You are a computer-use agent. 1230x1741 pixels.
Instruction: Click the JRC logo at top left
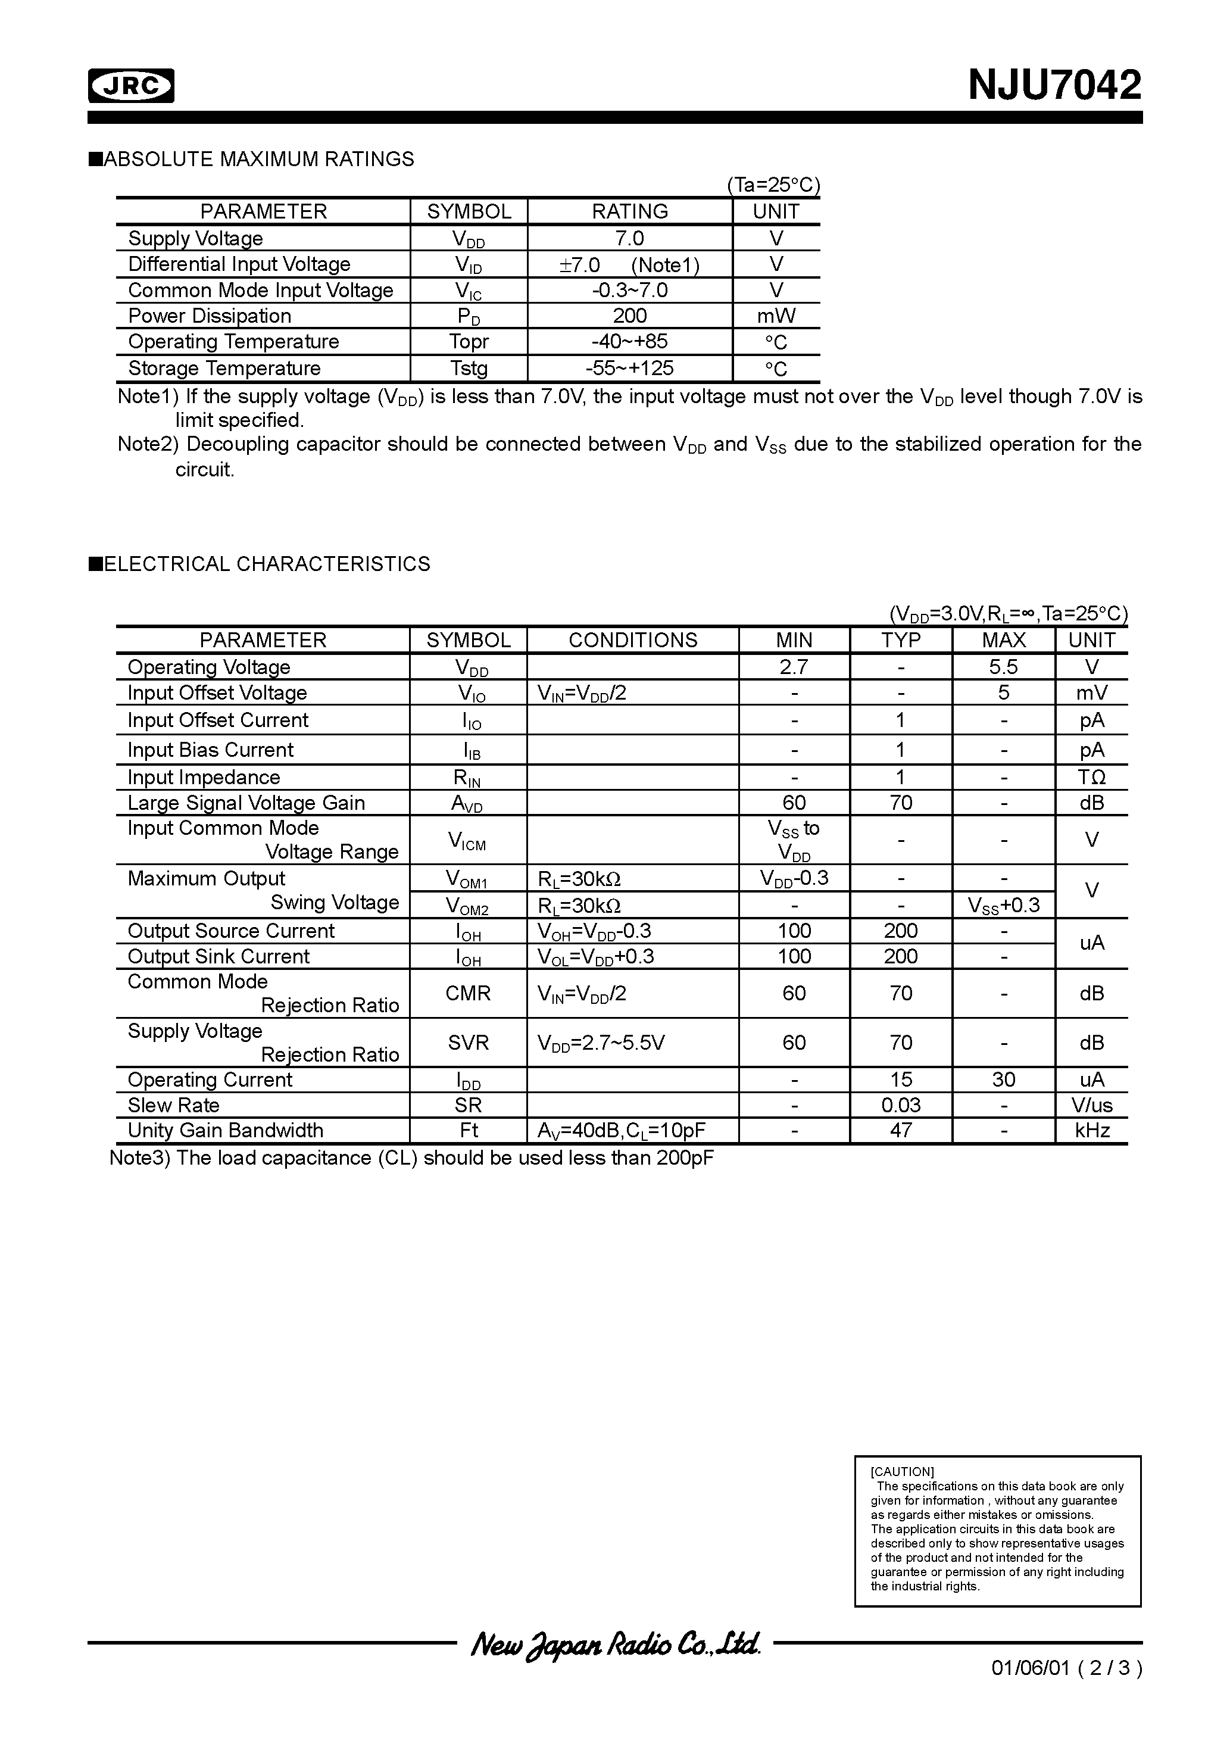[131, 86]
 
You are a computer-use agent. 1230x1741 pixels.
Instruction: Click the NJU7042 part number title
[1053, 85]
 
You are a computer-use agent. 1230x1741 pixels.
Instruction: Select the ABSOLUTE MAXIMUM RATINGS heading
[258, 159]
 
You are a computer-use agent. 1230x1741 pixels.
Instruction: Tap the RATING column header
[629, 211]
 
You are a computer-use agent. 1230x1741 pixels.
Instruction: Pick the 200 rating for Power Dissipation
[629, 316]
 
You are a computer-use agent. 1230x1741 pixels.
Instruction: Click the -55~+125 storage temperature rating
[629, 369]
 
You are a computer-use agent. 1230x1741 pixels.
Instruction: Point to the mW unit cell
[776, 316]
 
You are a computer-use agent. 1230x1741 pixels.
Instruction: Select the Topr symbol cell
[469, 342]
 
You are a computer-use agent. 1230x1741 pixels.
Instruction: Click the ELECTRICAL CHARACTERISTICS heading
[266, 564]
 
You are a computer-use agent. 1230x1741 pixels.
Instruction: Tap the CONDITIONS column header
[632, 640]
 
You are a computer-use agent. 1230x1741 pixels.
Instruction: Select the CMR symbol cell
[468, 993]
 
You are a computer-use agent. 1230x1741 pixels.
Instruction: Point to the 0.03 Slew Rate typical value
[900, 1106]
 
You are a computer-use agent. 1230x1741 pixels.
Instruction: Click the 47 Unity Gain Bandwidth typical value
[900, 1131]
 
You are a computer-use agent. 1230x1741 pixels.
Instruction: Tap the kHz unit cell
[1091, 1131]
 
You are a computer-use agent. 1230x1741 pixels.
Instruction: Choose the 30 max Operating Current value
[1003, 1079]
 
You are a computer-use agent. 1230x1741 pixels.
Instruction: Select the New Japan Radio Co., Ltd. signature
[615, 1644]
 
